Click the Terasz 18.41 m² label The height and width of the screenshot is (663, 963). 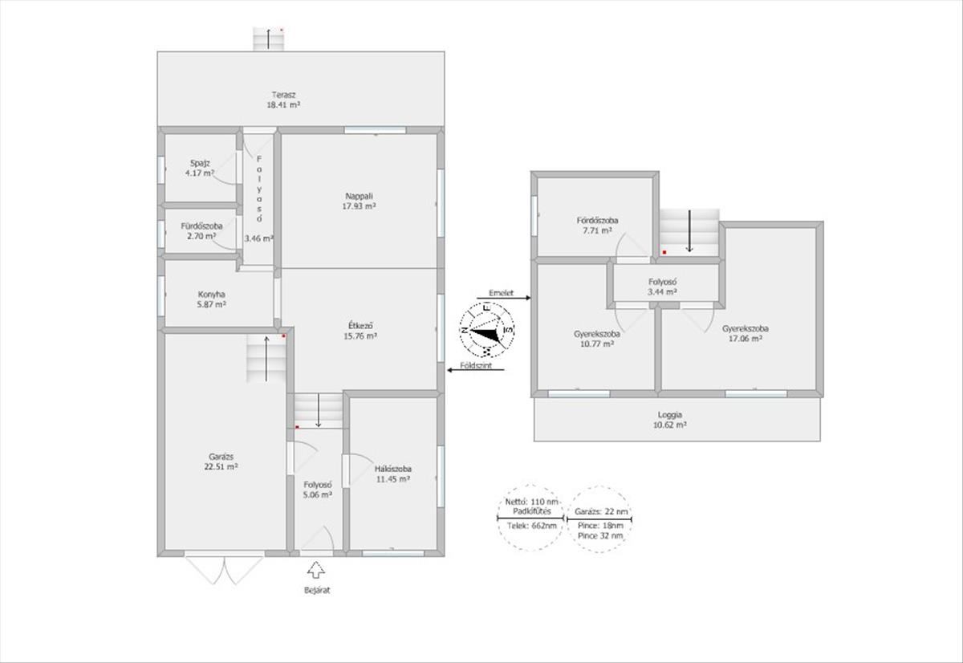283,100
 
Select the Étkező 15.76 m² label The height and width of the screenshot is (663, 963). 360,331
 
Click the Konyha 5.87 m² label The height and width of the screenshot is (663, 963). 212,299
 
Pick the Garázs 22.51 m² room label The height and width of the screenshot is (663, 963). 221,462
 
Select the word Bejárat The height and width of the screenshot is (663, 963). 317,590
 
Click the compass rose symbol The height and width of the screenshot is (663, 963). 486,330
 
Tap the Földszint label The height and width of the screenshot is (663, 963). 476,366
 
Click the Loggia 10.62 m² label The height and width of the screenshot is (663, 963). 670,420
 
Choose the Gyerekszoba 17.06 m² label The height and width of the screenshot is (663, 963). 746,334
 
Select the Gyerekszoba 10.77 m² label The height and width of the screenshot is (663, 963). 596,339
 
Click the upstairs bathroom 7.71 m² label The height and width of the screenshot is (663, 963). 597,226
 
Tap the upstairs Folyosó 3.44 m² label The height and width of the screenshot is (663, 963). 663,287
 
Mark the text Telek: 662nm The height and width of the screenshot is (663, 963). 531,526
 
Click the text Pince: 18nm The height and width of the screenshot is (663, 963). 600,526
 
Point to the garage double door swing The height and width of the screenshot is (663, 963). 224,571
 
